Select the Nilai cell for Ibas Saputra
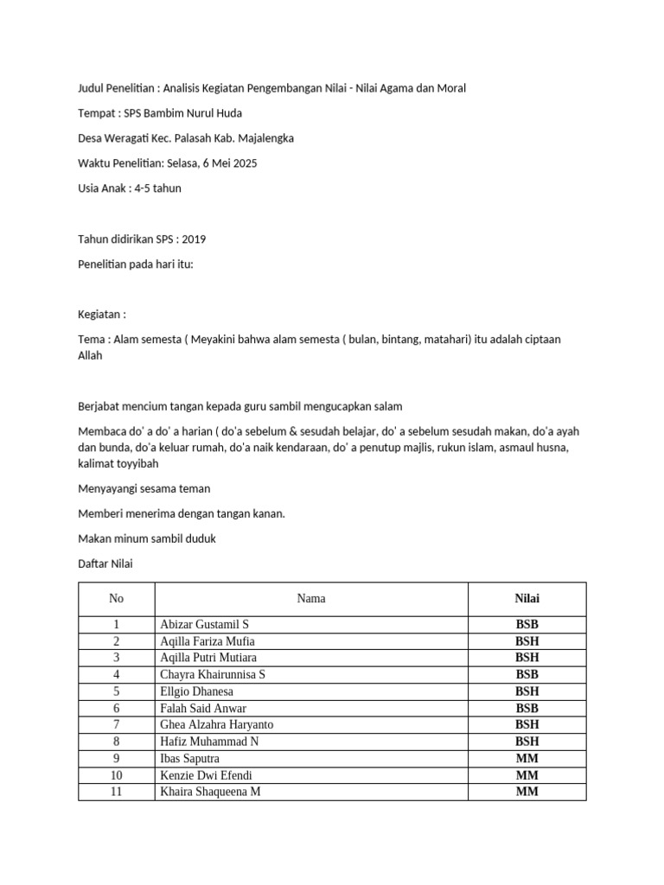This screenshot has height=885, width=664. pos(527,758)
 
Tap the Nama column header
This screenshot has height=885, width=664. pos(311,599)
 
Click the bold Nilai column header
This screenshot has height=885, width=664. pos(527,599)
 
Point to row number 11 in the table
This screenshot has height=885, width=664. pos(116,791)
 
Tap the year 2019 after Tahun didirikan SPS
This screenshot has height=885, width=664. pos(194,239)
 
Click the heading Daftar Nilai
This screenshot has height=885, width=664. pos(105,563)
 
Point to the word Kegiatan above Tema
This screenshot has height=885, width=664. pos(99,315)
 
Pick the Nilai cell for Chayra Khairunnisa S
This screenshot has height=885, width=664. pos(527,674)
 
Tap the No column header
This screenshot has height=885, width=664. pos(116,599)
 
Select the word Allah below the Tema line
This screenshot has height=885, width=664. pos(90,355)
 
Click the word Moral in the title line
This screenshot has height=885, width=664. pos(450,87)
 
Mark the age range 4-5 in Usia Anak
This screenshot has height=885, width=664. pos(144,188)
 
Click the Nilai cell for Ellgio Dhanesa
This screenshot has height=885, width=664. pos(527,691)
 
